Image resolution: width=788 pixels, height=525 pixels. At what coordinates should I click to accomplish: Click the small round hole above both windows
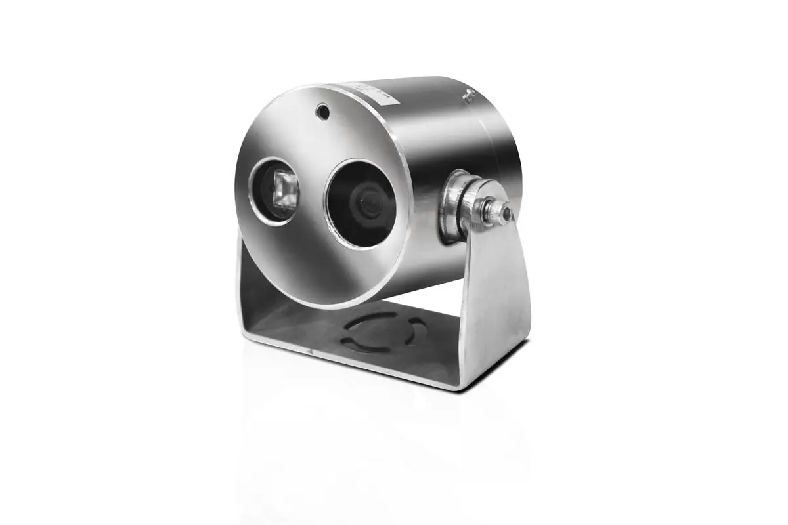pos(322,112)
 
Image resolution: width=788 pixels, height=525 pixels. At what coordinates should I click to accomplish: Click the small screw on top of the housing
pos(468,94)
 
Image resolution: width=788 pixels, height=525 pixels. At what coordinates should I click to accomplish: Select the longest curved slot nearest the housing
pos(374,316)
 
